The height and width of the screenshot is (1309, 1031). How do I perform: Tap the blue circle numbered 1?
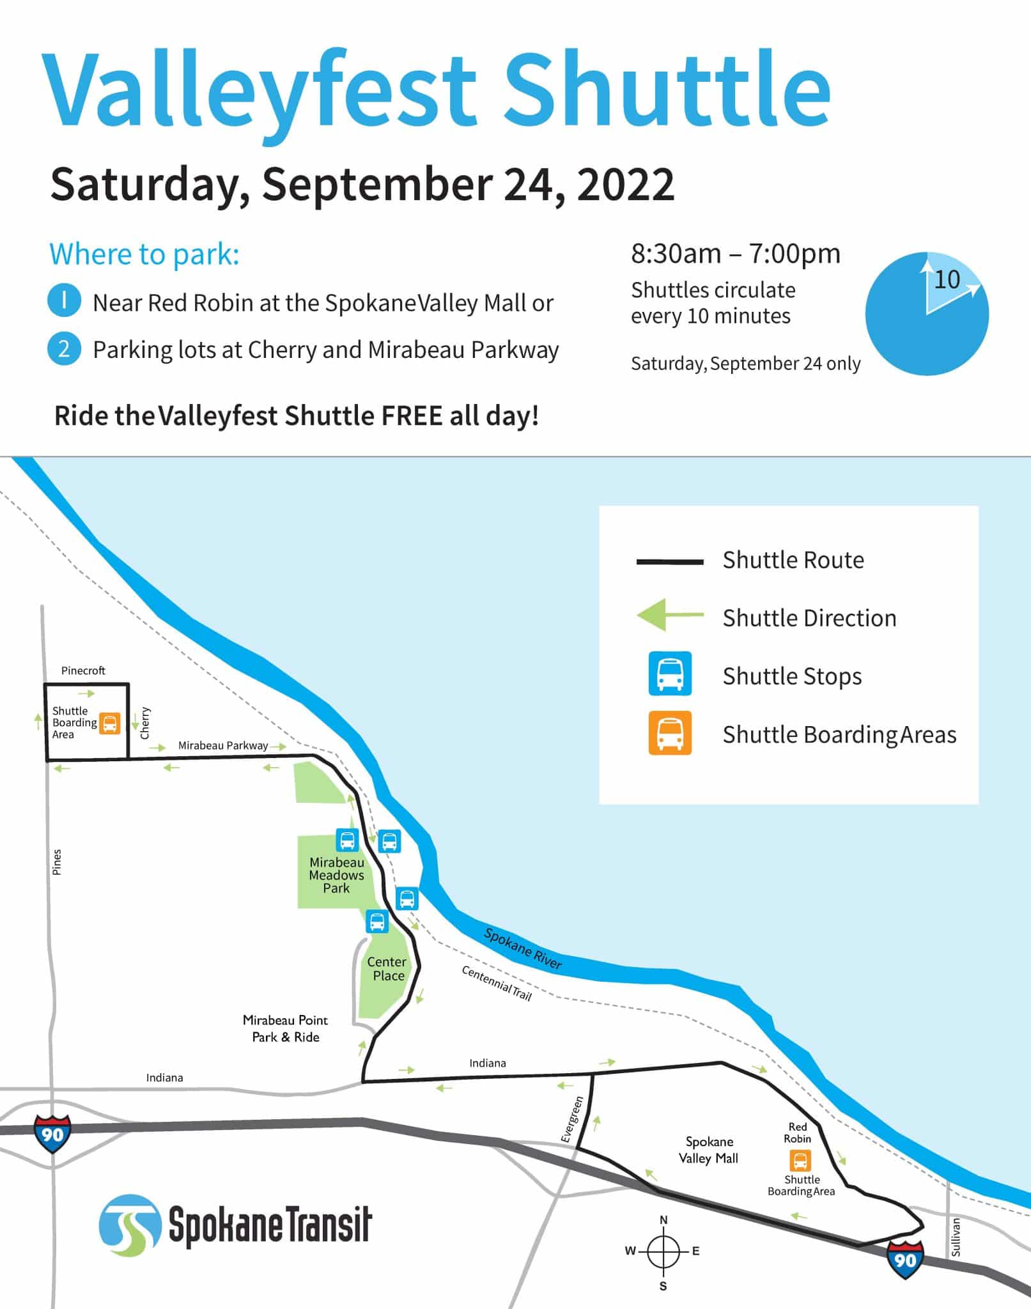64,301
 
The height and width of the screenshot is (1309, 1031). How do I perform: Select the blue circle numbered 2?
64,349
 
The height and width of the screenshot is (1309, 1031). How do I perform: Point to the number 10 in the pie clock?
947,279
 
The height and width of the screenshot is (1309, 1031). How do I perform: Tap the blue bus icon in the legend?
670,673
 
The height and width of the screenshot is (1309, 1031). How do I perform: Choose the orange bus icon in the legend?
670,732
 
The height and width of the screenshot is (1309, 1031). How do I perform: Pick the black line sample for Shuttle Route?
670,562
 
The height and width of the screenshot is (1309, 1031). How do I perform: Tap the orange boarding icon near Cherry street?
110,724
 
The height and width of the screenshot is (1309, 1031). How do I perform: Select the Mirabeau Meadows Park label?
336,875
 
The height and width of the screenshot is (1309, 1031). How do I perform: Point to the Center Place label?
387,968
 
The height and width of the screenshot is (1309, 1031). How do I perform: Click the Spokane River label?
522,948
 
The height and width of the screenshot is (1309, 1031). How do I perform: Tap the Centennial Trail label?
497,982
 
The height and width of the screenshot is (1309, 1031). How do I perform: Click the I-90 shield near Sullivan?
905,1260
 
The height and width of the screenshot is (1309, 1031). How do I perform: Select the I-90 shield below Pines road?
53,1133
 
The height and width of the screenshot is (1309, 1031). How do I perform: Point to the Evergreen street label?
573,1119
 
